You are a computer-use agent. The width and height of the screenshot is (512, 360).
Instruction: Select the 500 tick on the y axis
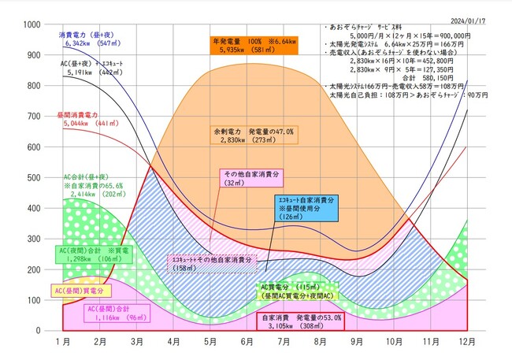tap(34, 177)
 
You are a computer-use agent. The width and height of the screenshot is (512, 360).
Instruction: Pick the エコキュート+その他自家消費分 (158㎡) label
tap(213, 262)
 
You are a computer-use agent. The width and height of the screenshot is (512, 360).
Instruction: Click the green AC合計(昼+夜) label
tap(94, 185)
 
